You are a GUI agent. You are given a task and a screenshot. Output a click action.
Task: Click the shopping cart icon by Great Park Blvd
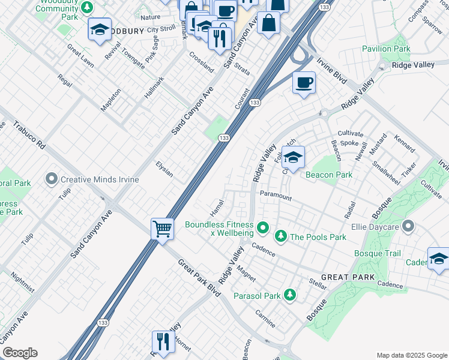pos(162,229)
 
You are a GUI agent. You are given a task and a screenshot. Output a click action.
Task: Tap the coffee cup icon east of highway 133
pos(304,83)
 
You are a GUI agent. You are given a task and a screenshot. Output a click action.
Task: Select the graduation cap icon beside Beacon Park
pos(293,158)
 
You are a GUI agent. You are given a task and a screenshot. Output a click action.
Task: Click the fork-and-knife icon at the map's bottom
pos(163,342)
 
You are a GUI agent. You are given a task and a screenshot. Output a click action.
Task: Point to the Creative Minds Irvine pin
pos(52,179)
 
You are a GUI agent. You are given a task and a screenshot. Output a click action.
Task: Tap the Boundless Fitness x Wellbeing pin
pos(262,228)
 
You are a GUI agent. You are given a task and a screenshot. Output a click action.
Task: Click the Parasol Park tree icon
pos(290,295)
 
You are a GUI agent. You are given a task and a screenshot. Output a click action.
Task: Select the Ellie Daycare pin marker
pos(409,227)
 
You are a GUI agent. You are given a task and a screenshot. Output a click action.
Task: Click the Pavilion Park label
pos(386,49)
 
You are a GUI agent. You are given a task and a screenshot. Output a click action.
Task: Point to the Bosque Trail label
pos(377,254)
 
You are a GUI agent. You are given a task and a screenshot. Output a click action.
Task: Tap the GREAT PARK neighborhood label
pos(348,277)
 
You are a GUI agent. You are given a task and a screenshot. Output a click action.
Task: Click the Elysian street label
pos(164,169)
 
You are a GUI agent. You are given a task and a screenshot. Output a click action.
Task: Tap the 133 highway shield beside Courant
pos(255,103)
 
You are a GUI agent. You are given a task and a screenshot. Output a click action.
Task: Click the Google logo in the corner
pos(20,353)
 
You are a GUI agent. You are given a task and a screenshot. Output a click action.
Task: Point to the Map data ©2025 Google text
pos(411,355)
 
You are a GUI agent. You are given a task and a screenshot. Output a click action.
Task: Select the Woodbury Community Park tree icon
pos(88,7)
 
